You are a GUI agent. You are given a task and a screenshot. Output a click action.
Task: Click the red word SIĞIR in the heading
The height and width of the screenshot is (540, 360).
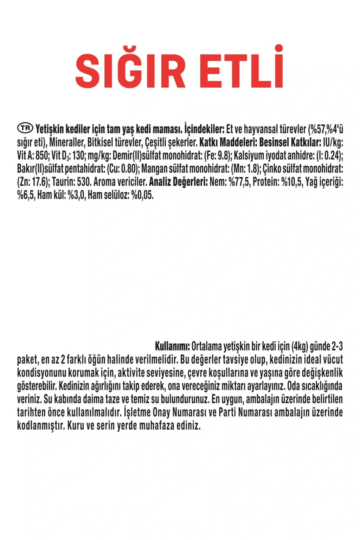click(x=130, y=70)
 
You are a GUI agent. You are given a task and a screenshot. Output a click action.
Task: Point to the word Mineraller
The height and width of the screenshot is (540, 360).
click(x=67, y=142)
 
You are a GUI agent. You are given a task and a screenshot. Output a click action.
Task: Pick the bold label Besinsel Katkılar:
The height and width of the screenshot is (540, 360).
click(x=290, y=142)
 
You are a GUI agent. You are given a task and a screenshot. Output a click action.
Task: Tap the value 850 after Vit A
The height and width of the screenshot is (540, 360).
click(x=42, y=155)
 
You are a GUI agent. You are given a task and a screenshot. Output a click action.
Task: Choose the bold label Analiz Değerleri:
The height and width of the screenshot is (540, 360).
click(x=178, y=182)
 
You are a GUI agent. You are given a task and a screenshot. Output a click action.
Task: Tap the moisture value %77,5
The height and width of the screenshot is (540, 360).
click(x=239, y=182)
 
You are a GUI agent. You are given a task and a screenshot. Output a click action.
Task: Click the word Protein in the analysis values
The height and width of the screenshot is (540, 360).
click(x=266, y=182)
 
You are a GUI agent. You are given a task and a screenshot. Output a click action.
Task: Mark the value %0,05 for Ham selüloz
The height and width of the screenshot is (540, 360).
click(x=142, y=195)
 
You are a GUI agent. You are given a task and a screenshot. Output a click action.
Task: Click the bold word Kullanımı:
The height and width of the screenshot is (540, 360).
click(x=172, y=346)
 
